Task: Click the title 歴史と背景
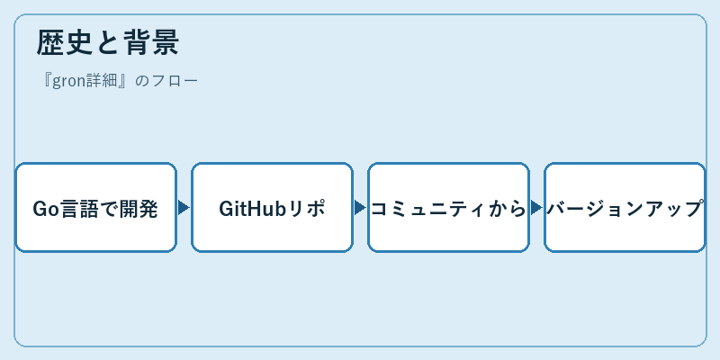(x=107, y=42)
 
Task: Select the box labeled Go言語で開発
(x=96, y=208)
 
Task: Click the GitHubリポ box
(x=273, y=208)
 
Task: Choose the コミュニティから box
(x=448, y=208)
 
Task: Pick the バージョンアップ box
(x=625, y=208)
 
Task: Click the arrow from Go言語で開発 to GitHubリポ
(x=184, y=208)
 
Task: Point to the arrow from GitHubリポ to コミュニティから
(x=360, y=208)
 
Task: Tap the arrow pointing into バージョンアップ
(x=536, y=208)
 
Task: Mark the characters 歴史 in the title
(x=64, y=42)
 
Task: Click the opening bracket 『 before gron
(x=47, y=81)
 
